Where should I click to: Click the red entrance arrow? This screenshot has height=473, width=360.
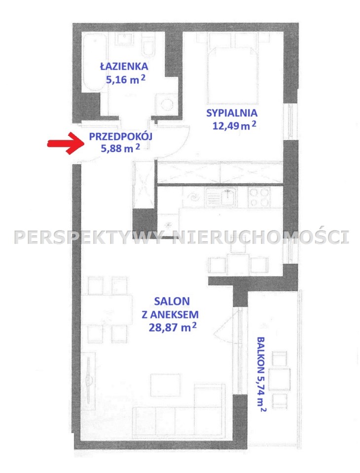click(x=66, y=143)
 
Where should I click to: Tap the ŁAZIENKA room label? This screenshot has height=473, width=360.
click(x=124, y=67)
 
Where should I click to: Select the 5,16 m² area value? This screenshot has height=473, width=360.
click(x=126, y=79)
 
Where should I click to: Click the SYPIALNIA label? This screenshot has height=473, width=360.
click(x=232, y=113)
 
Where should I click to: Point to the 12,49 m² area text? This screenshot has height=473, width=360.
click(x=234, y=125)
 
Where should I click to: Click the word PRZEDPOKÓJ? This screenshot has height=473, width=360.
click(x=120, y=136)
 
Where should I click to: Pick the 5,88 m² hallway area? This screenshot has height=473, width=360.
click(x=120, y=148)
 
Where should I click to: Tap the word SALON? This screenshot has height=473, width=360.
click(x=172, y=301)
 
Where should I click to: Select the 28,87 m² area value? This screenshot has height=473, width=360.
click(x=173, y=327)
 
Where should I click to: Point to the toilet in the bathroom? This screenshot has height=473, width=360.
click(x=148, y=45)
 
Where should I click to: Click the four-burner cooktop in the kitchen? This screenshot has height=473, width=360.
click(x=258, y=197)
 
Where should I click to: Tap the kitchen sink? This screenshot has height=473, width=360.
click(x=227, y=197)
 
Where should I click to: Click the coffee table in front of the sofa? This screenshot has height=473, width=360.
click(x=165, y=383)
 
